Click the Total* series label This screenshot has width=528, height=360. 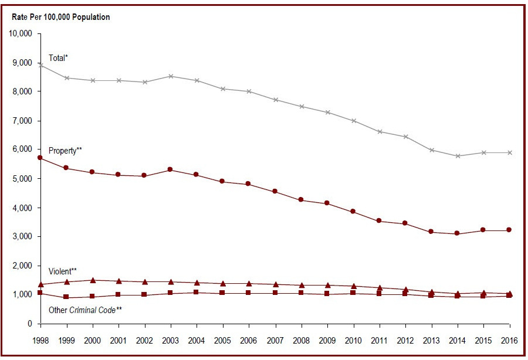pos(59,58)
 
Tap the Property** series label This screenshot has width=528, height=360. pos(65,151)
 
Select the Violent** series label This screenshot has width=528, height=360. pos(63,271)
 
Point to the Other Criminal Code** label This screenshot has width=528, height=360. pos(85,309)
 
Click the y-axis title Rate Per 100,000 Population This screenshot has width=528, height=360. pos(61,17)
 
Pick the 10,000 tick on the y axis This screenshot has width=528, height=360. pos(21,33)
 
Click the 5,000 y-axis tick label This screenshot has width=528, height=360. pos(23,179)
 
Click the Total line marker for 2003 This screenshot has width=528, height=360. pos(171,76)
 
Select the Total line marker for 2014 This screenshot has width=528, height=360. pos(458,156)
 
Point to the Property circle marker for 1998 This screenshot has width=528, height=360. pos(40,158)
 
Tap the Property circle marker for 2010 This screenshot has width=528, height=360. pos(353,211)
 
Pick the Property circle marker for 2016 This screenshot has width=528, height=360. pos(509,230)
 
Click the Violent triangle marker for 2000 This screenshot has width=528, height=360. pos(93,280)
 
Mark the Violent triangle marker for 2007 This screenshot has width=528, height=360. pos(275,284)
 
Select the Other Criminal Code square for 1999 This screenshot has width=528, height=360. pos(66,297)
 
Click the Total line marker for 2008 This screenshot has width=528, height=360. pos(302,107)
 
